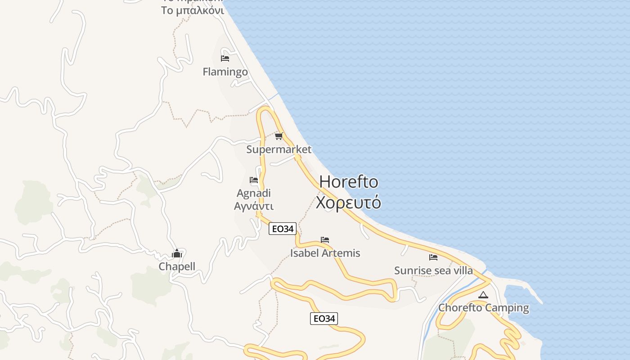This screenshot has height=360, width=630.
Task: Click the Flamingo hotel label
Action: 225,72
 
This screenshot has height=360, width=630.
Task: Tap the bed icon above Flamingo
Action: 225,58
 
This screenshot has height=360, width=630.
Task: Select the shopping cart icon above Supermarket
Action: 279,136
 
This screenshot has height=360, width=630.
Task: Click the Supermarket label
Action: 279,149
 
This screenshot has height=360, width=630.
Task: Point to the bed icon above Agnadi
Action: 254,180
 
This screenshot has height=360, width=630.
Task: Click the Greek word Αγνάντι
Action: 254,206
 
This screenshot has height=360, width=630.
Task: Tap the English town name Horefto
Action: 349,182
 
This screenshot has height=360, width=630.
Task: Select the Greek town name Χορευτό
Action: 348,202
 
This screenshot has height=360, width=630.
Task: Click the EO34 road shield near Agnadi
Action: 282,229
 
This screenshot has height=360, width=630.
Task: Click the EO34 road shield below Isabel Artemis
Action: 324,319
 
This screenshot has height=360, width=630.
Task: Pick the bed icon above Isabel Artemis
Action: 325,240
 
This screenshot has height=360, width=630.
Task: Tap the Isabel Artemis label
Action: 325,253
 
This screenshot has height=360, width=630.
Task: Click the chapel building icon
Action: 177,253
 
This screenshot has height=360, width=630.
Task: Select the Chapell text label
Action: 177,266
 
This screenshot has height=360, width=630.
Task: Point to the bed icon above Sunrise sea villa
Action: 433,257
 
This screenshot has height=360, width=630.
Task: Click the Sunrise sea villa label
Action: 433,270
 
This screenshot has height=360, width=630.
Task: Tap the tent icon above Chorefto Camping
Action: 483,295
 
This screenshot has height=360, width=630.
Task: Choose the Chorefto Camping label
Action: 483,308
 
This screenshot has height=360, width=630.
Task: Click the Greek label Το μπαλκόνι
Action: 193,10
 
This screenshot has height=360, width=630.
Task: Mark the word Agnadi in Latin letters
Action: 254,193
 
